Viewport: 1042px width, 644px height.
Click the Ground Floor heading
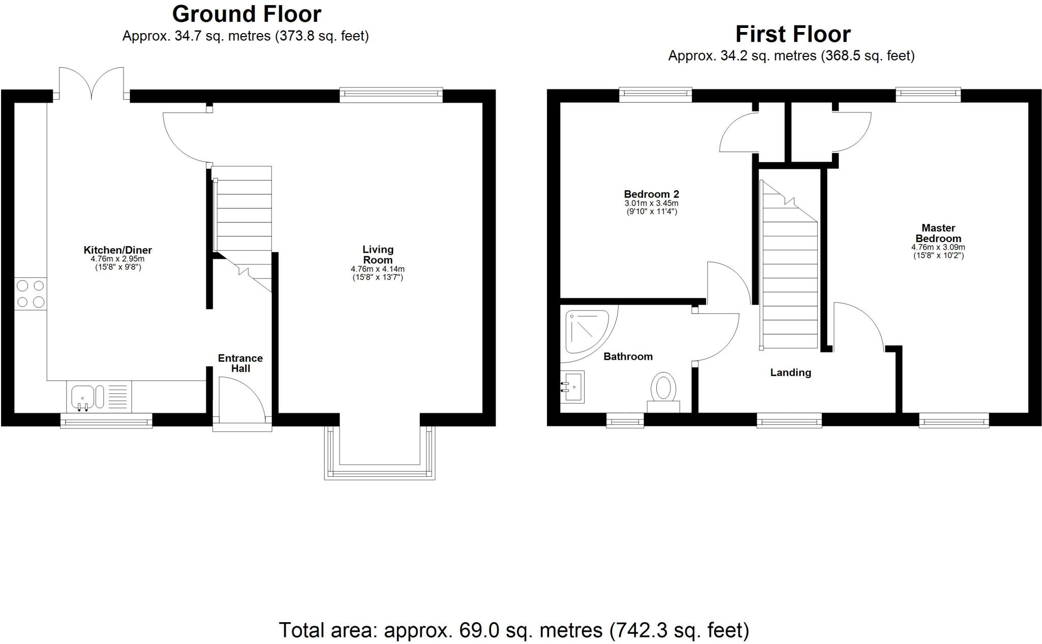click(247, 14)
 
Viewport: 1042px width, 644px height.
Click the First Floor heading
click(793, 34)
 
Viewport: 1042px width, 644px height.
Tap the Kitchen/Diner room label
click(118, 250)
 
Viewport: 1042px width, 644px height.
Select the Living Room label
click(378, 254)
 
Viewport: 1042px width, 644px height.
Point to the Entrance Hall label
click(240, 363)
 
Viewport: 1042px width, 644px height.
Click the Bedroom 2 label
click(651, 194)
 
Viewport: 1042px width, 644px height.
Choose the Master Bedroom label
click(938, 233)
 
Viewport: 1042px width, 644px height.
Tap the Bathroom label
click(628, 357)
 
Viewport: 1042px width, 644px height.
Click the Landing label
click(790, 373)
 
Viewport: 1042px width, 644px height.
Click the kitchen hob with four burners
click(31, 294)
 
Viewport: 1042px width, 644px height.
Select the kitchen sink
click(82, 397)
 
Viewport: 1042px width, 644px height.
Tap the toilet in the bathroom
click(663, 390)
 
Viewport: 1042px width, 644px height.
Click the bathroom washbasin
click(572, 387)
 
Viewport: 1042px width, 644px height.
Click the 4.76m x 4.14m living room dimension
click(378, 269)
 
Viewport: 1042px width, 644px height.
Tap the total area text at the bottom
click(514, 630)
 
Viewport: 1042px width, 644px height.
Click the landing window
click(789, 420)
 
